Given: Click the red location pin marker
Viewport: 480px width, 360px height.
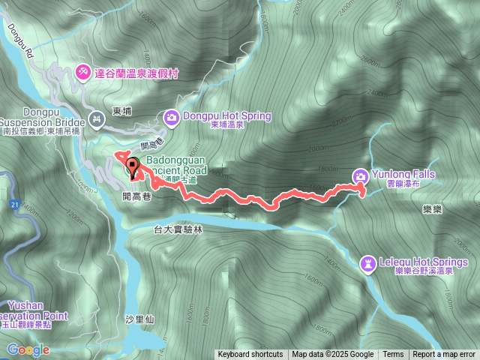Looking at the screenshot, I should (x=133, y=169).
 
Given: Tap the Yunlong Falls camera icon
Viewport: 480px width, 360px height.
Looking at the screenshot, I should (x=361, y=175).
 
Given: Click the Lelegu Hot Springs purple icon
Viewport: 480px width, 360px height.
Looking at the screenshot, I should (x=368, y=262).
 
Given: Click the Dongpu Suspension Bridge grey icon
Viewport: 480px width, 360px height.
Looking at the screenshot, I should (x=96, y=118).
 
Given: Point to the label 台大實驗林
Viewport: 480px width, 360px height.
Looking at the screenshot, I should (x=178, y=230).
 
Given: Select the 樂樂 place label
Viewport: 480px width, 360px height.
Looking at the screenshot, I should (x=432, y=209).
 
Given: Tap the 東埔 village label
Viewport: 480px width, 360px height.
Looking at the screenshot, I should (x=121, y=111).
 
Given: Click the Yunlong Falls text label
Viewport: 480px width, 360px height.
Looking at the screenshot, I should (x=402, y=174).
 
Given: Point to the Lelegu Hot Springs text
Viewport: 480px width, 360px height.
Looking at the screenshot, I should (x=427, y=262).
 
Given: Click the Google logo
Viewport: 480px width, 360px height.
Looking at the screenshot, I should (x=28, y=349).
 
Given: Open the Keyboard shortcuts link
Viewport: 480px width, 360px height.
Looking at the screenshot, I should (x=250, y=355).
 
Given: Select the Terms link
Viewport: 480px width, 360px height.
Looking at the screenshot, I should (x=393, y=355).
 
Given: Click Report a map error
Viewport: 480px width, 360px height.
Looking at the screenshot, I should (x=444, y=355).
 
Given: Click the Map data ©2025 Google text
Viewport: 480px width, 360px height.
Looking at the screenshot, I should (x=333, y=355).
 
